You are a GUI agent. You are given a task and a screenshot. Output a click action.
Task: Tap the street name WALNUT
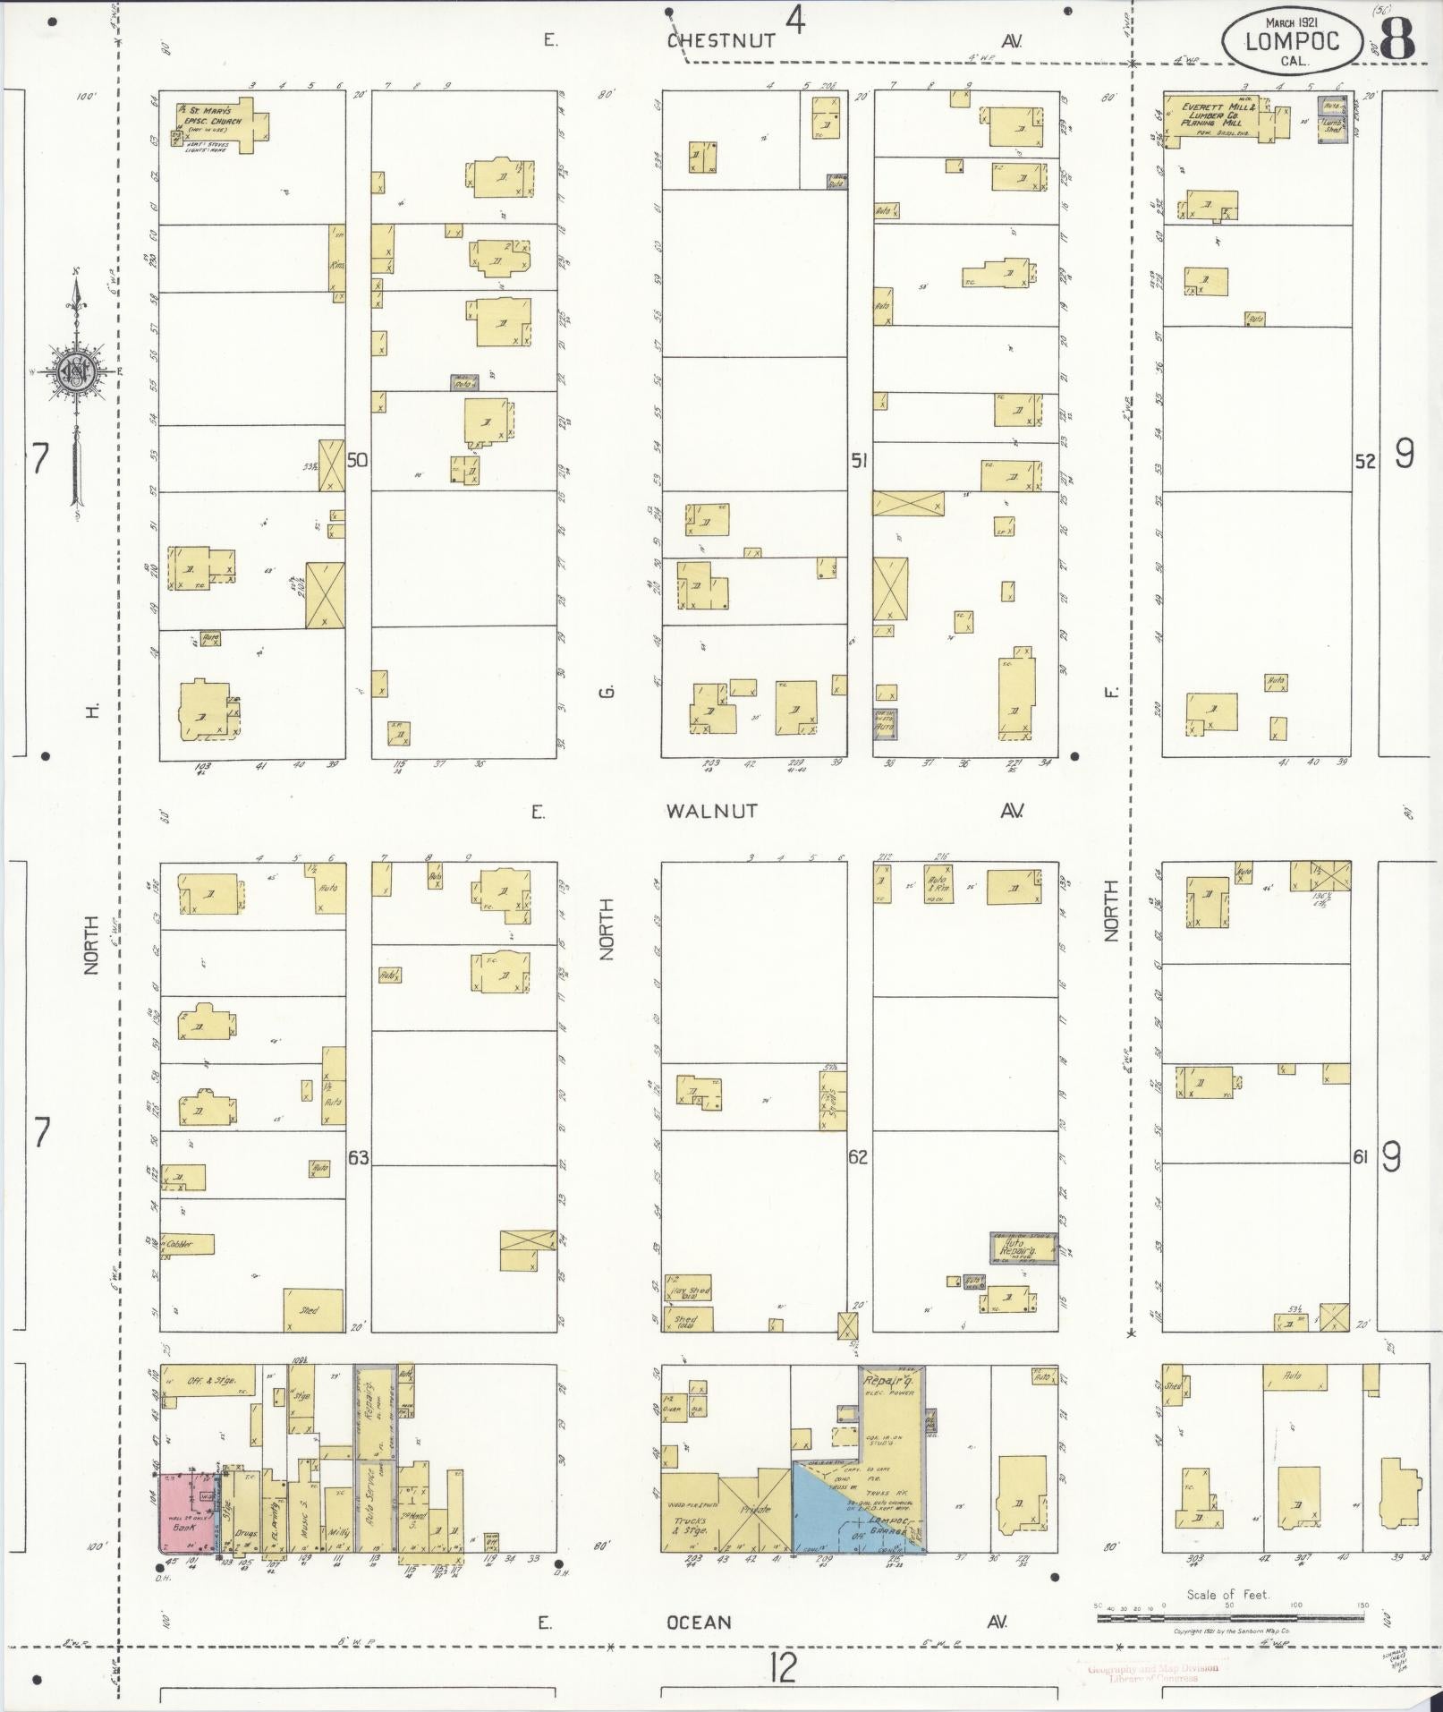tap(711, 811)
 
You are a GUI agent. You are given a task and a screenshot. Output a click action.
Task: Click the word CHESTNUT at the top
tap(720, 40)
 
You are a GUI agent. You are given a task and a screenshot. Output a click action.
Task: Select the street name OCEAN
tap(699, 1623)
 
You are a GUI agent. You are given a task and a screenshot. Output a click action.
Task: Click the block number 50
tap(358, 460)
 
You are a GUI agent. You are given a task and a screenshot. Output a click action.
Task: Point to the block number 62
tap(858, 1157)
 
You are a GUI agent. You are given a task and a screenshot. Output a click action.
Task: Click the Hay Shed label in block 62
tap(688, 1291)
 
